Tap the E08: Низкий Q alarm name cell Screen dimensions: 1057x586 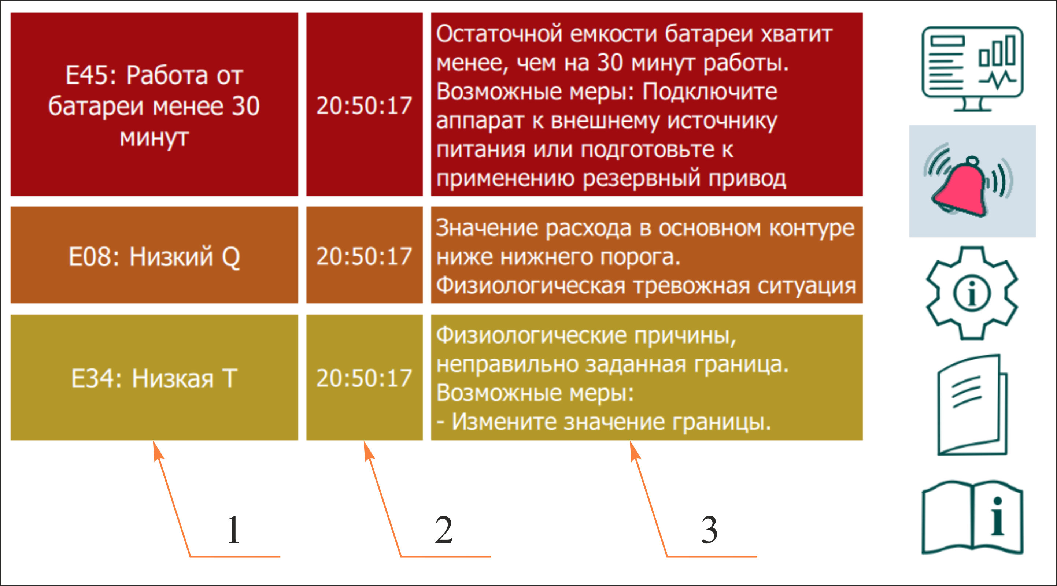click(x=154, y=255)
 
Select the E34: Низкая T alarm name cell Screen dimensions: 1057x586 click(x=154, y=378)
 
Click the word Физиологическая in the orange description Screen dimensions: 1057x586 click(x=531, y=285)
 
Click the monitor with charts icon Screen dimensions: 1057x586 click(x=972, y=69)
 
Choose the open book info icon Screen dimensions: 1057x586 click(x=972, y=518)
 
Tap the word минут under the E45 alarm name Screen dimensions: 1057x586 click(x=154, y=138)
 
